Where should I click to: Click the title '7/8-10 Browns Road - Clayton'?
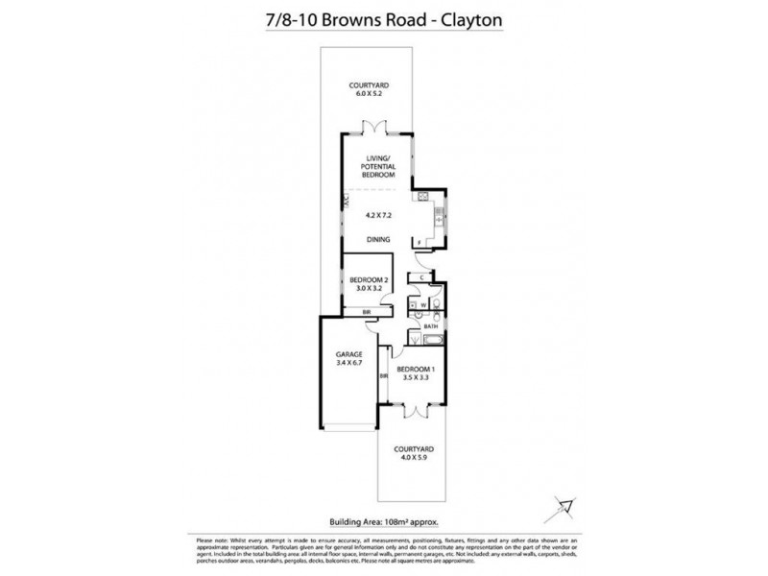click(x=383, y=16)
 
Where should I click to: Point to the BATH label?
click(x=431, y=325)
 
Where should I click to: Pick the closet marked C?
click(x=422, y=277)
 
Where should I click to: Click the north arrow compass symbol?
click(x=566, y=503)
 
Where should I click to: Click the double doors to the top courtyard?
click(x=371, y=129)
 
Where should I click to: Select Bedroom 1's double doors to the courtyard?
click(x=415, y=411)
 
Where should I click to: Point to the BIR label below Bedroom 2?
click(x=366, y=312)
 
